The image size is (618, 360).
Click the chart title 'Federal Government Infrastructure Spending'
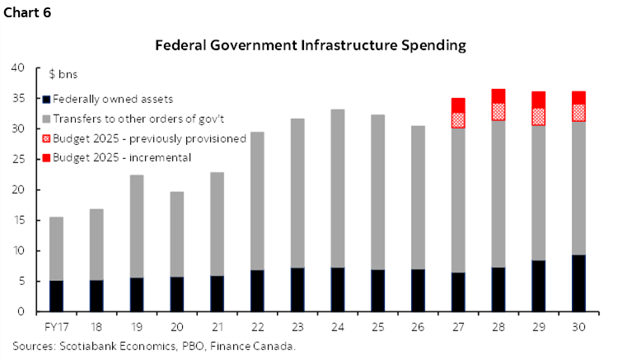pos(311,46)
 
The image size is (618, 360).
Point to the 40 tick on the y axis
pos(21,68)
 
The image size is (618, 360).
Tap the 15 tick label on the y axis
pos(21,220)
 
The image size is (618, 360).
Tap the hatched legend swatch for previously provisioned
pos(47,138)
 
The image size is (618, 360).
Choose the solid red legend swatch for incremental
pos(47,157)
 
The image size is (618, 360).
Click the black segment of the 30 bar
pos(578,283)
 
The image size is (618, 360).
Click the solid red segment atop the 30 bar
pos(578,97)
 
